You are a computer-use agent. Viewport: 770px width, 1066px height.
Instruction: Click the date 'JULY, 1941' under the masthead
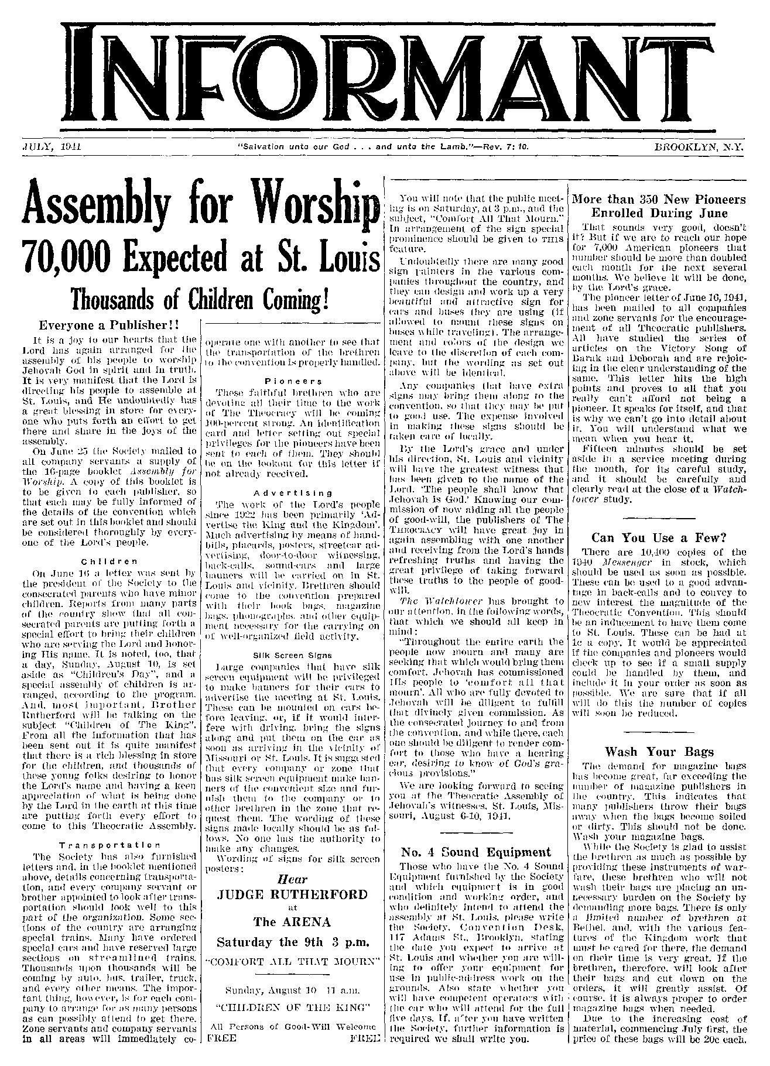pos(50,147)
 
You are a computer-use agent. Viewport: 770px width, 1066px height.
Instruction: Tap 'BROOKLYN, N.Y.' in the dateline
pos(699,147)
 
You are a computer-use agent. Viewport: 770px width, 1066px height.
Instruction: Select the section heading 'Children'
pos(109,560)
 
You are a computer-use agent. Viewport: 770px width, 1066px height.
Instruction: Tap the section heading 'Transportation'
pos(109,844)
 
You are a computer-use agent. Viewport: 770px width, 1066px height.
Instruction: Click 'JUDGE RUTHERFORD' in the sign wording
pos(292,894)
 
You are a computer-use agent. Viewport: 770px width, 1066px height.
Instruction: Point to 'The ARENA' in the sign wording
pos(292,922)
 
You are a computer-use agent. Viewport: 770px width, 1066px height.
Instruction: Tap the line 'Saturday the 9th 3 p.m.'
pos(292,942)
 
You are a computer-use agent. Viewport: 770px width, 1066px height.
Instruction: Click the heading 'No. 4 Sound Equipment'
pos(474,851)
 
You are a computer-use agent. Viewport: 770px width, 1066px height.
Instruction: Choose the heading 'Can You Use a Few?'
pos(659,537)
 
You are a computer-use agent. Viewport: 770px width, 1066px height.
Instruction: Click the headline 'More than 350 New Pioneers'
pos(659,199)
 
